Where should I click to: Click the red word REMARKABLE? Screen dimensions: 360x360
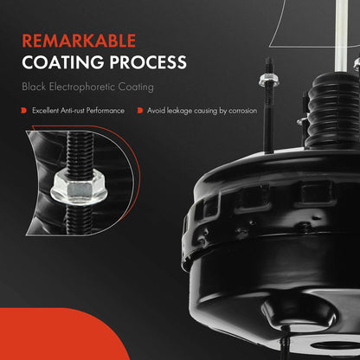tap(79, 41)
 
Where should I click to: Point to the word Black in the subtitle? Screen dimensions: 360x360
tap(34, 87)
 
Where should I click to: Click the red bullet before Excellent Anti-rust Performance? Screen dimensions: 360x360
tap(24, 111)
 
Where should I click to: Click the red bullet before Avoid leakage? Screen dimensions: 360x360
tap(140, 111)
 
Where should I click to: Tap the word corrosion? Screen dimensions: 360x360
tap(242, 111)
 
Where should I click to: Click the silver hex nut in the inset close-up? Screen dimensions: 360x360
tap(79, 189)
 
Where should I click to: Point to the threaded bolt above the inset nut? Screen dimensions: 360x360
tap(80, 152)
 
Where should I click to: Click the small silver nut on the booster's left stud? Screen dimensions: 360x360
tap(268, 80)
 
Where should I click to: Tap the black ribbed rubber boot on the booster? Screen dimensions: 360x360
tap(331, 111)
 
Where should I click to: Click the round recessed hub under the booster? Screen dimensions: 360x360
tap(300, 313)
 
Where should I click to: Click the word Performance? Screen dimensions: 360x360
tap(106, 111)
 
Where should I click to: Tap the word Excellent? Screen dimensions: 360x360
tap(45, 111)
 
